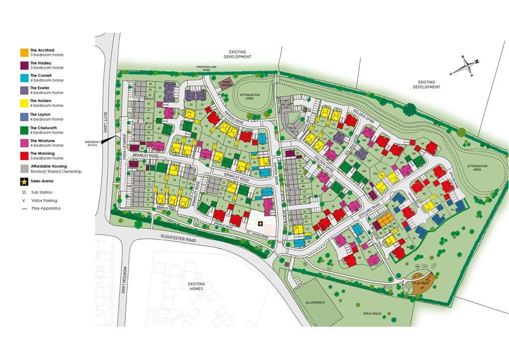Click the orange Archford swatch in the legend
click(x=24, y=52)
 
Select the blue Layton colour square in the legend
click(x=24, y=117)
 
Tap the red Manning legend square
click(x=24, y=156)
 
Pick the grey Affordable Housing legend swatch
click(x=24, y=169)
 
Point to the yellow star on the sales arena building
click(x=260, y=224)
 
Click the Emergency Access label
click(x=93, y=143)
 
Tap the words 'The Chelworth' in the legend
click(x=43, y=128)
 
